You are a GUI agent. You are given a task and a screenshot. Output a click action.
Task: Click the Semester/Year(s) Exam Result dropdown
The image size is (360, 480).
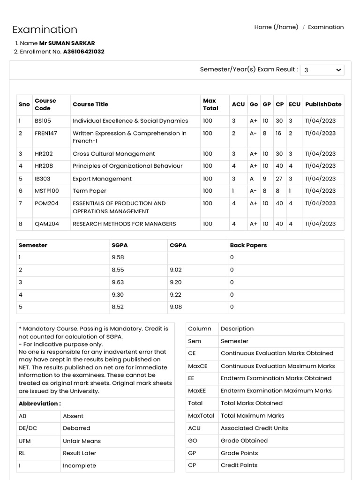click(322, 70)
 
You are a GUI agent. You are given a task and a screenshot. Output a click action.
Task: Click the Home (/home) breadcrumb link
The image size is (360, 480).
click(276, 27)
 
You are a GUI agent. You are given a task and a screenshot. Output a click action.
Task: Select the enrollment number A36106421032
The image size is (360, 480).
click(84, 52)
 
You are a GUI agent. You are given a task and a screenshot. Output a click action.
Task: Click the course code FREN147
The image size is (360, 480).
click(46, 133)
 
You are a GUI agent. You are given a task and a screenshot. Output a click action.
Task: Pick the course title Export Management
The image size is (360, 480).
click(102, 179)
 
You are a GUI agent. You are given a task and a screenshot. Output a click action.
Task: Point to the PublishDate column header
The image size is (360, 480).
click(323, 105)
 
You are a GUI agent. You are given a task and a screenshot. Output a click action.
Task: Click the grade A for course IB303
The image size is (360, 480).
click(252, 179)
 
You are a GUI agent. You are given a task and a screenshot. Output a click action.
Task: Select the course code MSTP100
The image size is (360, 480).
click(47, 191)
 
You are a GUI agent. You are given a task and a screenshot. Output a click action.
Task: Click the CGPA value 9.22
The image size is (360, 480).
click(176, 294)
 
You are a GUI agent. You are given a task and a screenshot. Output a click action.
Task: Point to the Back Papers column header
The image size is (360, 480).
click(248, 245)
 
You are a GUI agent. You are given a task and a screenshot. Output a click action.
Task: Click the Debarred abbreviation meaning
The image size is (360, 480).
click(76, 428)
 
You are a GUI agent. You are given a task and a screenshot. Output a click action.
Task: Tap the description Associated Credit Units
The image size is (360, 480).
click(255, 428)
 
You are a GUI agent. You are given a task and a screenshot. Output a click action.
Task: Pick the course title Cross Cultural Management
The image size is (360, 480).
click(113, 154)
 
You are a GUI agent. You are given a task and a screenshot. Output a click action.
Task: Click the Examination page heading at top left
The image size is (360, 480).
click(45, 30)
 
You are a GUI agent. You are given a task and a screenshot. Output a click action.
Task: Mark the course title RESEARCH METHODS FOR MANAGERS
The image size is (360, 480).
click(124, 224)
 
